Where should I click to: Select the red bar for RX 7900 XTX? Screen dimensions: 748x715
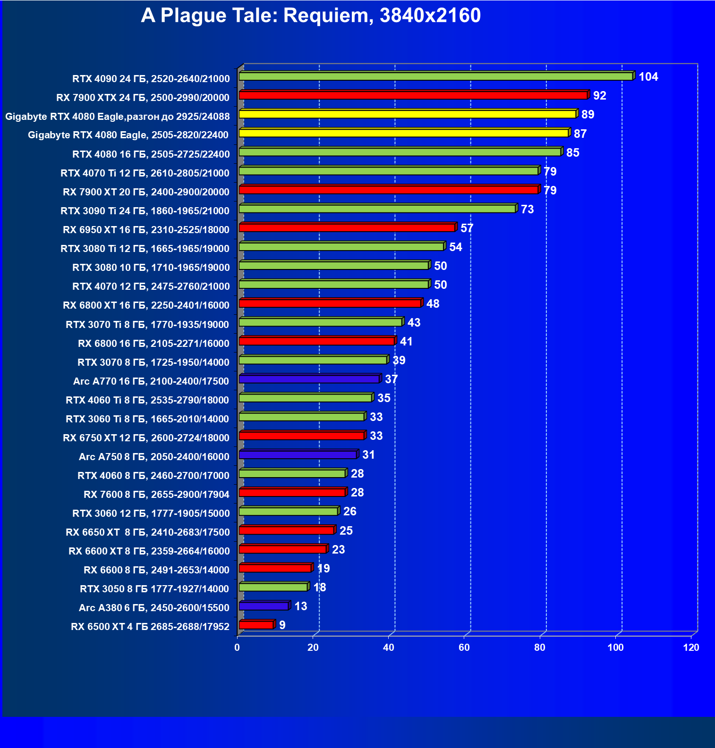[413, 95]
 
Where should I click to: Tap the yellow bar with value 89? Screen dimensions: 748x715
[407, 114]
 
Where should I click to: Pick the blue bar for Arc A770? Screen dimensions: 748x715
[309, 379]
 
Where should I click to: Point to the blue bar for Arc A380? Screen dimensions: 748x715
[264, 606]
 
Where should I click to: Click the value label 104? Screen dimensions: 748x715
[648, 77]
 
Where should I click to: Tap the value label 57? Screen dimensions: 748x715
[467, 228]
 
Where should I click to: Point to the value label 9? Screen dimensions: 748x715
[282, 625]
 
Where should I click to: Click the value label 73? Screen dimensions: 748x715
[527, 210]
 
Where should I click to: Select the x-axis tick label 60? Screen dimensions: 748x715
[464, 647]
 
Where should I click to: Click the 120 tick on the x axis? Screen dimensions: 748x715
[691, 647]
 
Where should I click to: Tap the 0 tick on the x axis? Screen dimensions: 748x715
[237, 647]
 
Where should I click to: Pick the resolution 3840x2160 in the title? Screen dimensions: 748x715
[430, 16]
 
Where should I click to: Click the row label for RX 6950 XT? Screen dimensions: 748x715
[146, 230]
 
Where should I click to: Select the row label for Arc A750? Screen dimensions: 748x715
[154, 457]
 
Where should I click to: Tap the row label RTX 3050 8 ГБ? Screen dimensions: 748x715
[154, 589]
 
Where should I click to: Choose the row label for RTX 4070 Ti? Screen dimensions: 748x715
[145, 173]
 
